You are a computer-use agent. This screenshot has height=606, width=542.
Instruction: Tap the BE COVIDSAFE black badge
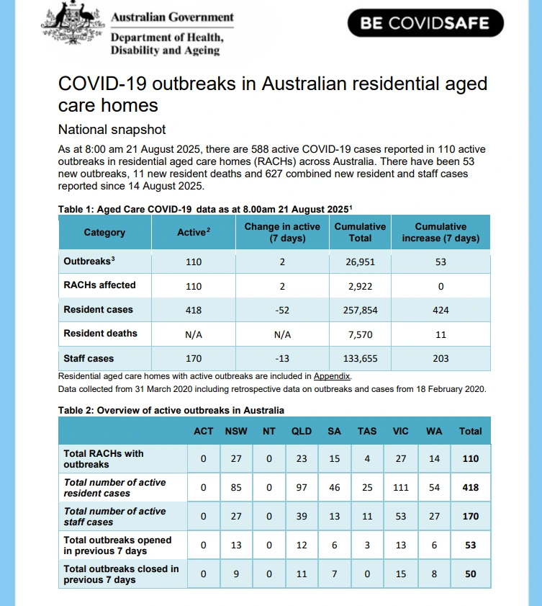tap(425, 23)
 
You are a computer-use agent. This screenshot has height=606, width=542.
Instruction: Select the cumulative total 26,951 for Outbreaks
tap(360, 262)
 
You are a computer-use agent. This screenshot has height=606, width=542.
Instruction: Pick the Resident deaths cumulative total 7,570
tap(360, 334)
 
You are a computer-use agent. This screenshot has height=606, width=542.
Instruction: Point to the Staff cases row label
tap(89, 358)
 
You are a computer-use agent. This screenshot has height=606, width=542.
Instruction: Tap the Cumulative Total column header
tap(360, 232)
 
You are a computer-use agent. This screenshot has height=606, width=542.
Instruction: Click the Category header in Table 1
tap(104, 232)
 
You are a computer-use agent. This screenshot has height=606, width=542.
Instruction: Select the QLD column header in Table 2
tap(302, 431)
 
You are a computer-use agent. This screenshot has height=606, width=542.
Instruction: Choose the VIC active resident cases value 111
tap(401, 488)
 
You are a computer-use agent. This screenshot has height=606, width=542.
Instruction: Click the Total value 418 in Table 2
tap(471, 488)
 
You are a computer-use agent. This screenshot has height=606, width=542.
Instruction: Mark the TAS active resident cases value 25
tap(367, 488)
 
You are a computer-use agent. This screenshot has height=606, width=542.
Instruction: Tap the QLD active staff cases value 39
tap(302, 517)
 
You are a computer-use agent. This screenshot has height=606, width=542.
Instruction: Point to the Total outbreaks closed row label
tap(121, 574)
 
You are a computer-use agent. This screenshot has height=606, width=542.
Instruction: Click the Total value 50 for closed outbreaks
tap(471, 574)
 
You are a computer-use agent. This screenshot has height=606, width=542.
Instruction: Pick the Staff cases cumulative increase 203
tap(441, 358)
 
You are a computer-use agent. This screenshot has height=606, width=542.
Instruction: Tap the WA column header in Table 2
tap(434, 431)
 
